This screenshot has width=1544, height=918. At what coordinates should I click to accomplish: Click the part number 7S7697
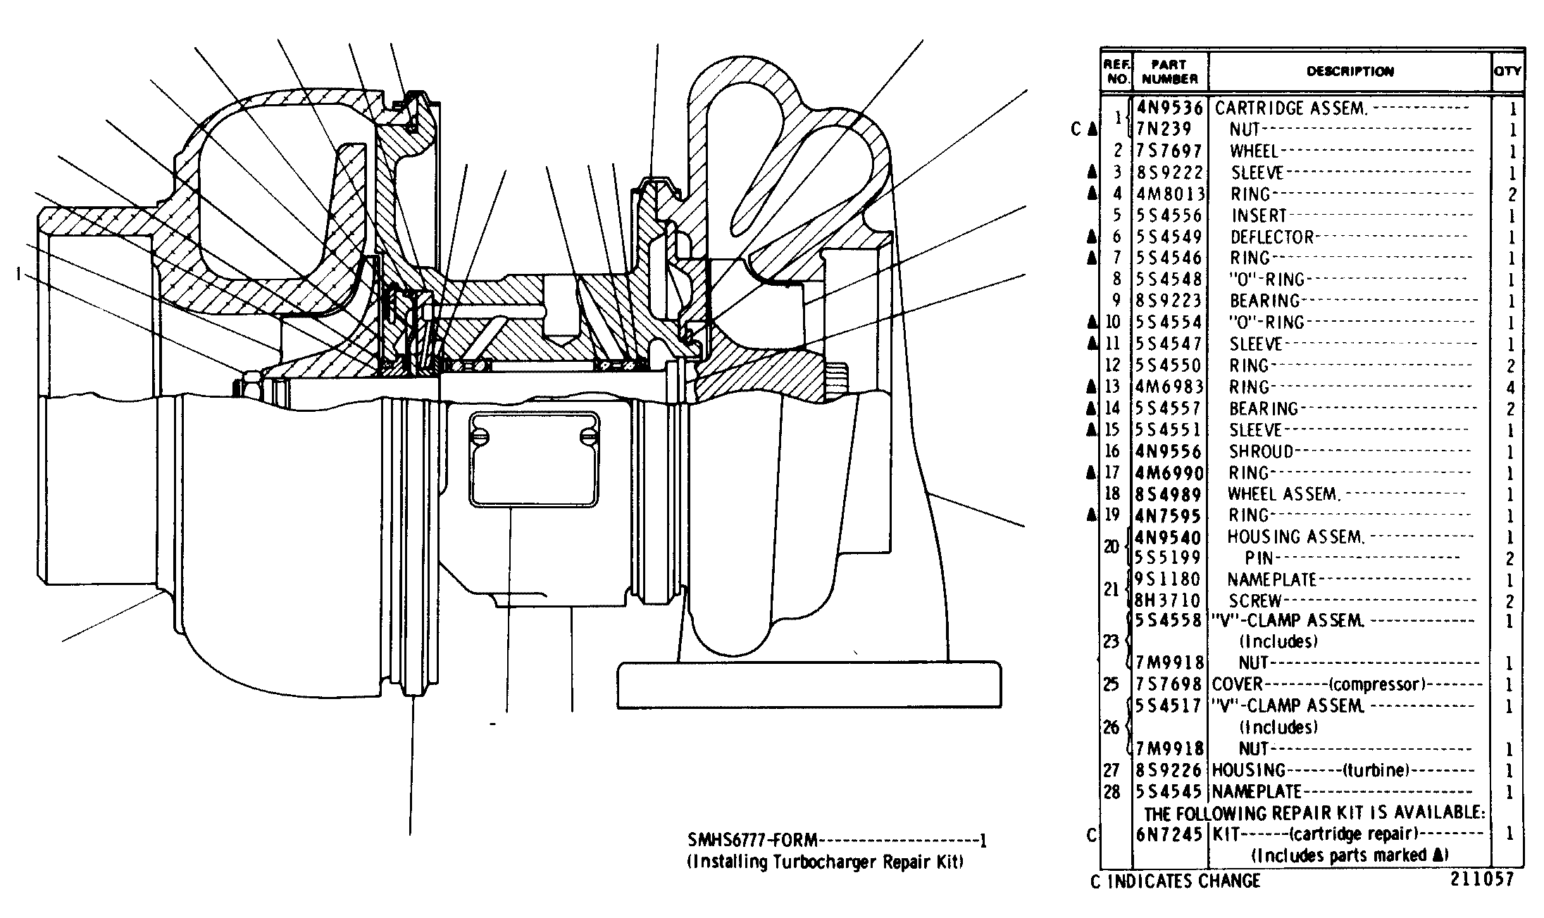tap(1169, 151)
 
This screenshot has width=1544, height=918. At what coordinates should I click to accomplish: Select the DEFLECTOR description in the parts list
tap(1272, 237)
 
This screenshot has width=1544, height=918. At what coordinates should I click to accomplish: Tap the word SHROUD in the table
tap(1262, 451)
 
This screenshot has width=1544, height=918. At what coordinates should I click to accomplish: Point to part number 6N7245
tap(1169, 834)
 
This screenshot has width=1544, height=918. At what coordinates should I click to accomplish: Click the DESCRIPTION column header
tap(1350, 71)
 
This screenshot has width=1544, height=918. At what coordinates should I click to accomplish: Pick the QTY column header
tap(1507, 71)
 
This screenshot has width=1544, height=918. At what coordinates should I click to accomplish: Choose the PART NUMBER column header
tap(1170, 72)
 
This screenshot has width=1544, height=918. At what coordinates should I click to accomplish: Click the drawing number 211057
tap(1481, 879)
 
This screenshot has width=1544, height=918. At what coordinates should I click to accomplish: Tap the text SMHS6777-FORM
tap(753, 840)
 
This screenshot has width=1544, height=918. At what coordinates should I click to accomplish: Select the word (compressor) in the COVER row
tap(1377, 684)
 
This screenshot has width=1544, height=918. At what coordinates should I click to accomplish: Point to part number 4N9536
tap(1169, 108)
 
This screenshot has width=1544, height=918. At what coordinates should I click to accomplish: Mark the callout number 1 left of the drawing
tap(18, 274)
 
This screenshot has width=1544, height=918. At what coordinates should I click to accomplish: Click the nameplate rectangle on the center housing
tap(535, 460)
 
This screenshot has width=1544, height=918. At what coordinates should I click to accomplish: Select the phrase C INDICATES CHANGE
tap(1175, 881)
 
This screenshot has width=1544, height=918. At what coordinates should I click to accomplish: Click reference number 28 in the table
tap(1112, 792)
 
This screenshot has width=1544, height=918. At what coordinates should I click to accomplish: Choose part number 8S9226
tap(1169, 770)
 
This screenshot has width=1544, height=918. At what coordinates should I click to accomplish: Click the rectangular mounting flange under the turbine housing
tap(809, 684)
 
